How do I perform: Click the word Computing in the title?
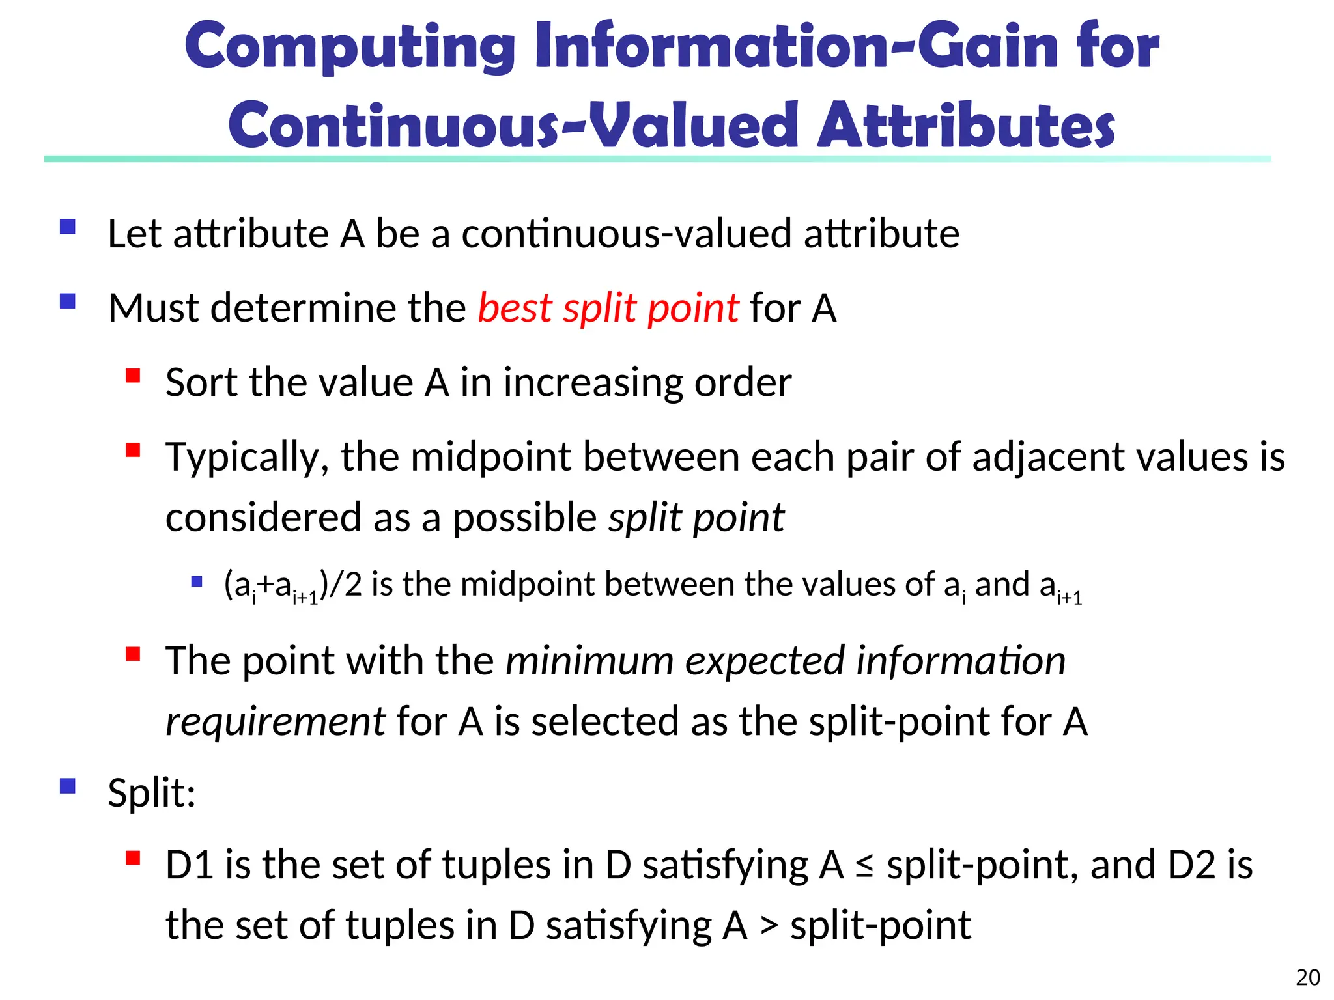pos(350,47)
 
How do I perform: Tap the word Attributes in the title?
pos(965,125)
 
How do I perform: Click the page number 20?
pos(1308,977)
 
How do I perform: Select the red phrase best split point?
pos(608,308)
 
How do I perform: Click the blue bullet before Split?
pos(68,786)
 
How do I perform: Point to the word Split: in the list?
pos(152,794)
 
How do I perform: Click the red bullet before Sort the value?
pos(134,376)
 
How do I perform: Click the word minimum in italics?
pos(589,661)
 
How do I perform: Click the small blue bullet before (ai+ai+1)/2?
pos(197,581)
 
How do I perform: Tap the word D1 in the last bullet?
pos(190,865)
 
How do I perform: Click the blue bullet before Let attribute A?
pos(68,227)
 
